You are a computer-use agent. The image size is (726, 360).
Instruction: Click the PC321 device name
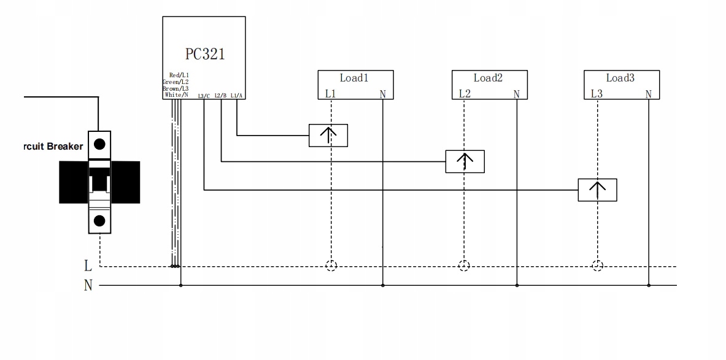(x=204, y=54)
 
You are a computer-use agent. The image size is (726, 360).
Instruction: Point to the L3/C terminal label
(x=204, y=96)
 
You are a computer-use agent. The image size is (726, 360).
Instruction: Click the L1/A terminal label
(x=237, y=96)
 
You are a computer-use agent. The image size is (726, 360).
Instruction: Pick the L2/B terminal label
(x=221, y=96)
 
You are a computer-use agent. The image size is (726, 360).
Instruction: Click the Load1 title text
(x=354, y=78)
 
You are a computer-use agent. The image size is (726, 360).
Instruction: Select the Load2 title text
(x=488, y=78)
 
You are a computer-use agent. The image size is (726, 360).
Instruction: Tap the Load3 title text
(x=620, y=78)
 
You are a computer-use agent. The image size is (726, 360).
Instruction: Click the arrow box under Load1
(x=328, y=136)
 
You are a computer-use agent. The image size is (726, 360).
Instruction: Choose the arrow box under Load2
(x=465, y=161)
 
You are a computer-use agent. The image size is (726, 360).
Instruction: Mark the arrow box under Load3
(x=597, y=190)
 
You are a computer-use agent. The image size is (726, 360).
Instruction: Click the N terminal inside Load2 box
(x=516, y=94)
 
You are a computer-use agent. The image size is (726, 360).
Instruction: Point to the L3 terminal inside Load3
(x=597, y=94)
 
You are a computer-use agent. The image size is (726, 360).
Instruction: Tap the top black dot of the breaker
(x=99, y=145)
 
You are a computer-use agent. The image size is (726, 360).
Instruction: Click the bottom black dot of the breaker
(x=99, y=221)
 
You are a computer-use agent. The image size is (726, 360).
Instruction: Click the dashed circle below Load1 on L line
(x=331, y=266)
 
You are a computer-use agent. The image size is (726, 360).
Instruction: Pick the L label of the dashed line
(x=88, y=266)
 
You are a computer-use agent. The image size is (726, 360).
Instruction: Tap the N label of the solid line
(x=88, y=285)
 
